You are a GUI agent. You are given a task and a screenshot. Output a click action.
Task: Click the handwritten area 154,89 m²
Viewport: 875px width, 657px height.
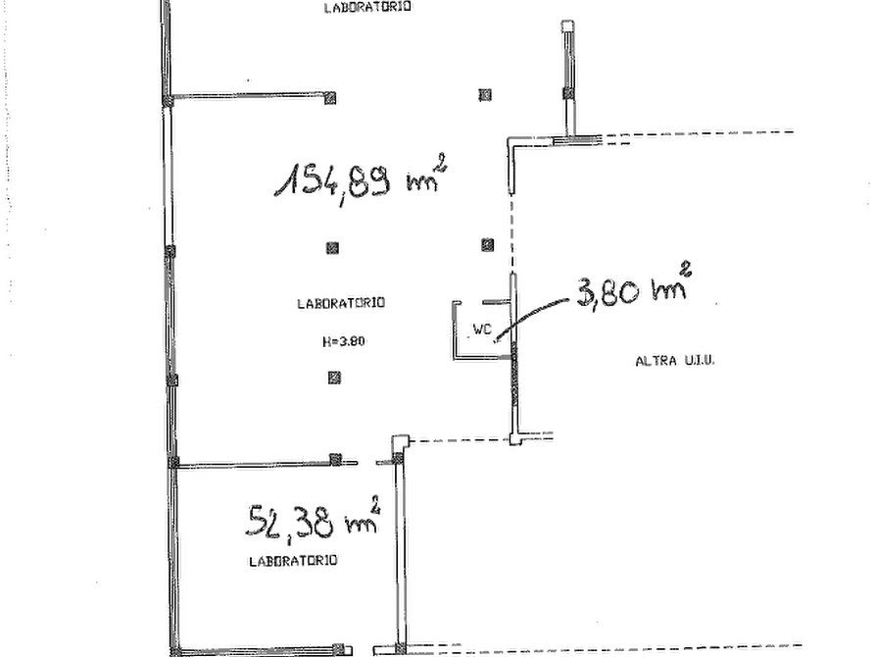361,178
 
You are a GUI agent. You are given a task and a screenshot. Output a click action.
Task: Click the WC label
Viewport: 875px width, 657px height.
482,329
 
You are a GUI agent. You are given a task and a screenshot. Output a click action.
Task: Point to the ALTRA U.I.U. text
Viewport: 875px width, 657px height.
675,361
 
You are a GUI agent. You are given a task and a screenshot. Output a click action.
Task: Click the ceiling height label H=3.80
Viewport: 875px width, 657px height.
344,341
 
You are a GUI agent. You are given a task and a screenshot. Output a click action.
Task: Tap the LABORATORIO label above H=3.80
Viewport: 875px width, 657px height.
341,303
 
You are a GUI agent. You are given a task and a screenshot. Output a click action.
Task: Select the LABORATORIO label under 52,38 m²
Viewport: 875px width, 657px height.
293,560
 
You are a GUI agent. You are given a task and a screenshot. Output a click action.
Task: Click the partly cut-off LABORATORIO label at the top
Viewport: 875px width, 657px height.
367,7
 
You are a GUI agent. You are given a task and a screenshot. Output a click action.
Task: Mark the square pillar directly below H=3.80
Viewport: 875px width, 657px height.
334,379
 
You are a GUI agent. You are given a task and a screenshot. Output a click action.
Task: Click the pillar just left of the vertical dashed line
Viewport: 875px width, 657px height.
488,245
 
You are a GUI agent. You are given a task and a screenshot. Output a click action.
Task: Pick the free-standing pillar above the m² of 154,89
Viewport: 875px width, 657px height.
485,95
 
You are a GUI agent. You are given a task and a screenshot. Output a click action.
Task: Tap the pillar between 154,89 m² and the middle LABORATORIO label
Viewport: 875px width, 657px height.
332,247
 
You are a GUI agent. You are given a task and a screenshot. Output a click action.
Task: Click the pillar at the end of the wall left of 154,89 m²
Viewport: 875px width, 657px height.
330,98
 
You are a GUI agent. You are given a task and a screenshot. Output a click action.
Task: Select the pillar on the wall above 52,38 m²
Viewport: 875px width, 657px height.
335,459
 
